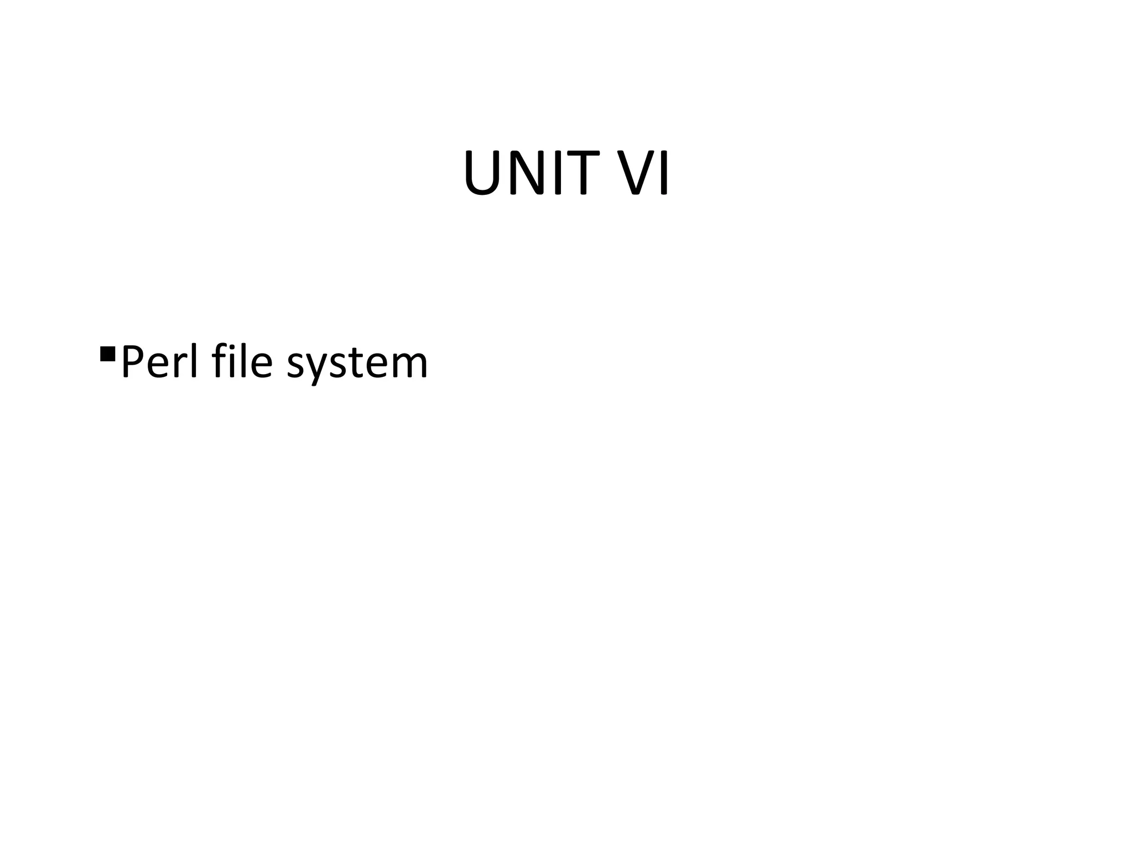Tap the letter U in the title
pyautogui.click(x=484, y=174)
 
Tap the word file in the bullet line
pyautogui.click(x=242, y=362)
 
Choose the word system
pyautogui.click(x=357, y=365)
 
